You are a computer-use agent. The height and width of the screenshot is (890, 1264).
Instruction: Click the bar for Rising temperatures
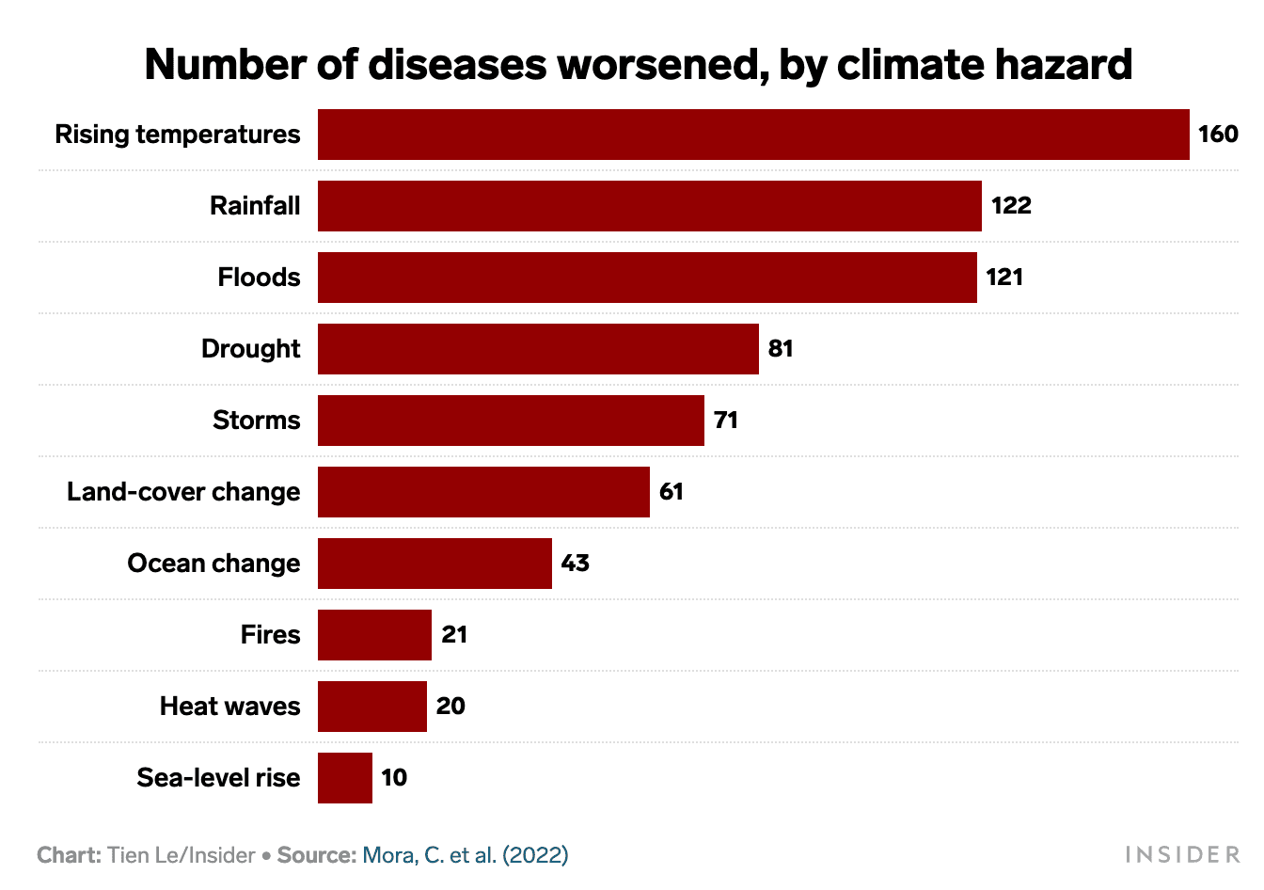[752, 135]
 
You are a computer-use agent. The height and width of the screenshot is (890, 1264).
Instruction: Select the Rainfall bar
[649, 206]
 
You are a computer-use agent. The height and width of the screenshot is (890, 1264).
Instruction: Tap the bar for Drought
[538, 349]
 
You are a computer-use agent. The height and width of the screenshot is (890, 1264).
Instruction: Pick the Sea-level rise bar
[344, 778]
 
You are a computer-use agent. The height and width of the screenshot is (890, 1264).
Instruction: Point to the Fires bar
[374, 635]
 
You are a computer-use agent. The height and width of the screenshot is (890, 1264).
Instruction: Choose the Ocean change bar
[434, 564]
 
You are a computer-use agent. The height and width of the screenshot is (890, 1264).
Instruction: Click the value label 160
[1217, 135]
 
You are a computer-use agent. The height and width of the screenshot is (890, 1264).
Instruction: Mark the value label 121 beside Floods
[1003, 278]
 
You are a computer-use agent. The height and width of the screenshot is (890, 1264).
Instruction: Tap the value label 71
[725, 421]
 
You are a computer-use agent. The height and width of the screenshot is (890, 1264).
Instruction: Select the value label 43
[575, 564]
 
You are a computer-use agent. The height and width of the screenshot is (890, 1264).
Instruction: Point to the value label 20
[450, 707]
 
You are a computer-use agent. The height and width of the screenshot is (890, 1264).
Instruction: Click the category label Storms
[256, 421]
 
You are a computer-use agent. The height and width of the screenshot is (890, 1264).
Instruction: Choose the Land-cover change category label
[183, 492]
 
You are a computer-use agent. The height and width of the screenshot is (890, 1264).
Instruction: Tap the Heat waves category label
[229, 707]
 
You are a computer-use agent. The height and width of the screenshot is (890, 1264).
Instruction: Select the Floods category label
[259, 278]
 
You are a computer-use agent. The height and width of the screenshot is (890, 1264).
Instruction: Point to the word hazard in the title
[1069, 65]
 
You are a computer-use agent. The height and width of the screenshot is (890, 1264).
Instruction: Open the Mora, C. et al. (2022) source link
[465, 855]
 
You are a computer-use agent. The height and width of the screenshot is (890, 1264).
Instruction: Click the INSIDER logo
[1182, 855]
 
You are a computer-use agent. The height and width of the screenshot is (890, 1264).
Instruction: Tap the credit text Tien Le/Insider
[181, 855]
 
